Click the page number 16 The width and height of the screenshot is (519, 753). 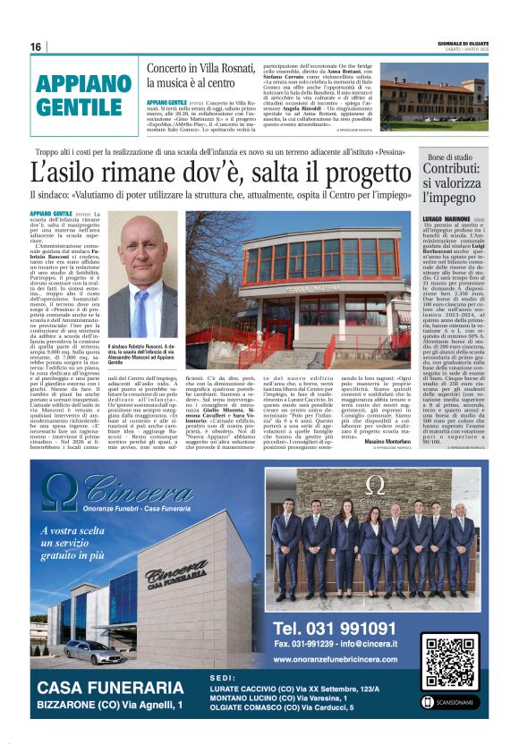point(36,47)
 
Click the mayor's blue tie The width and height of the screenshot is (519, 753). point(142,309)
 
